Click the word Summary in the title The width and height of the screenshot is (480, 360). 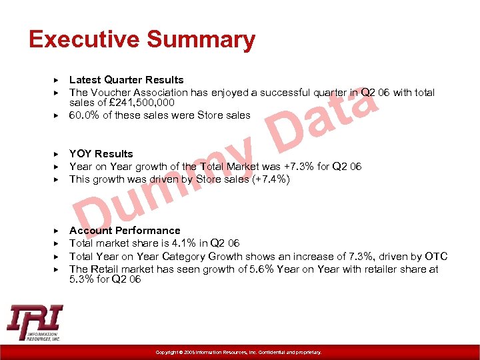pyautogui.click(x=199, y=40)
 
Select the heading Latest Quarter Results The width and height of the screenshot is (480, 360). pyautogui.click(x=127, y=80)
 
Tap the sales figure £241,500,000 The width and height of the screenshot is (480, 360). pyautogui.click(x=143, y=103)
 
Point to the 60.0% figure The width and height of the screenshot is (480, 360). pyautogui.click(x=85, y=115)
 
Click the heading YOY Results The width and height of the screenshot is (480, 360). pyautogui.click(x=101, y=154)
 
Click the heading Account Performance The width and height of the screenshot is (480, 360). pyautogui.click(x=125, y=231)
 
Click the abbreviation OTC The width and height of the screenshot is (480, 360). pyautogui.click(x=436, y=257)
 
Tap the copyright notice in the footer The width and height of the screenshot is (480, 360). pyautogui.click(x=239, y=352)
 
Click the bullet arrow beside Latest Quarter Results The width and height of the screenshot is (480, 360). pyautogui.click(x=57, y=80)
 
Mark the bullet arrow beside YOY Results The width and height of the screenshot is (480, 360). pyautogui.click(x=57, y=154)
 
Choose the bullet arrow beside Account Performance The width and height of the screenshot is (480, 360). pyautogui.click(x=57, y=231)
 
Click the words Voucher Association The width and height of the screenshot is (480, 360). pyautogui.click(x=141, y=93)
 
